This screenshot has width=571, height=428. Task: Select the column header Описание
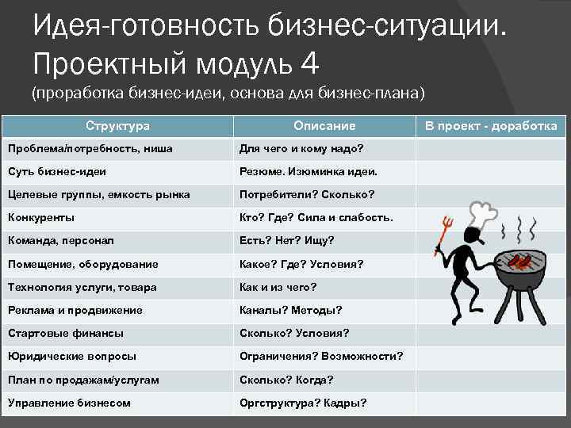(x=324, y=126)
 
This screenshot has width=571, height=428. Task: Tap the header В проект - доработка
(x=491, y=126)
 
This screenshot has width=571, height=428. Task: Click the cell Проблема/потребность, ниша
(x=90, y=148)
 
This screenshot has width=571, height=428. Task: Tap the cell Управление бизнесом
(x=69, y=403)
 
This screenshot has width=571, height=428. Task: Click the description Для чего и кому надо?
(x=301, y=148)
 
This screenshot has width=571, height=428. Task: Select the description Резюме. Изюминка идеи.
(x=308, y=171)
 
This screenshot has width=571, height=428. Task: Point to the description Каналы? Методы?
(x=291, y=310)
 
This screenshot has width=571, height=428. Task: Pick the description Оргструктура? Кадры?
(x=303, y=403)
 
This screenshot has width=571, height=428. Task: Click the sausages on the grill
(x=519, y=260)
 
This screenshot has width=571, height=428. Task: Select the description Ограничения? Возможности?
(x=321, y=357)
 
